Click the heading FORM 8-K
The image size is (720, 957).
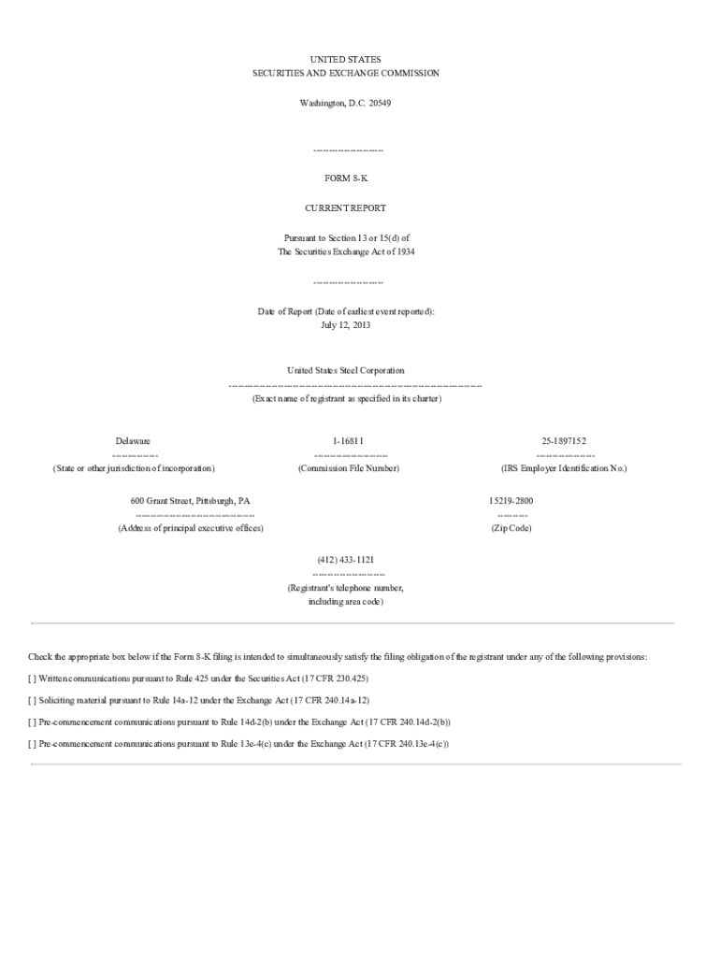[346, 178]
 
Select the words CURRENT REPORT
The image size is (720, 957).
[346, 208]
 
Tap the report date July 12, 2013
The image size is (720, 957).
[346, 325]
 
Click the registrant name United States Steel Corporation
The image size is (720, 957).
[346, 371]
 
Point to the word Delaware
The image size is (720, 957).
[133, 441]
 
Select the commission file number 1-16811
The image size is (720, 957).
[348, 441]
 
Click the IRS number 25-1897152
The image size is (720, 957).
[564, 441]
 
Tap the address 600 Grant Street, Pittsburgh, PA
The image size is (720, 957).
[190, 501]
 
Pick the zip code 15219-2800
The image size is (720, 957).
[511, 501]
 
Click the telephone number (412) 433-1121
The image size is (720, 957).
[346, 559]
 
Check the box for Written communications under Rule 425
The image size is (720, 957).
[33, 678]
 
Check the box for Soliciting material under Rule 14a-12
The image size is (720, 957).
[33, 700]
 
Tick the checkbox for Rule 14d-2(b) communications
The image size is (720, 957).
[33, 722]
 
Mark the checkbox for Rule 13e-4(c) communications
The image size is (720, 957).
[33, 744]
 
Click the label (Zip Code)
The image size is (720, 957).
[511, 529]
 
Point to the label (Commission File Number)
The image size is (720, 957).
[349, 468]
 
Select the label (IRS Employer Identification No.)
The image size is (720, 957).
[564, 468]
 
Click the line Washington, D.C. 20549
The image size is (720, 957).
[345, 103]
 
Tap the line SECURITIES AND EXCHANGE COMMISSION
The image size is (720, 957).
[346, 73]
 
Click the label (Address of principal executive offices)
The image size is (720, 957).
[191, 529]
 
